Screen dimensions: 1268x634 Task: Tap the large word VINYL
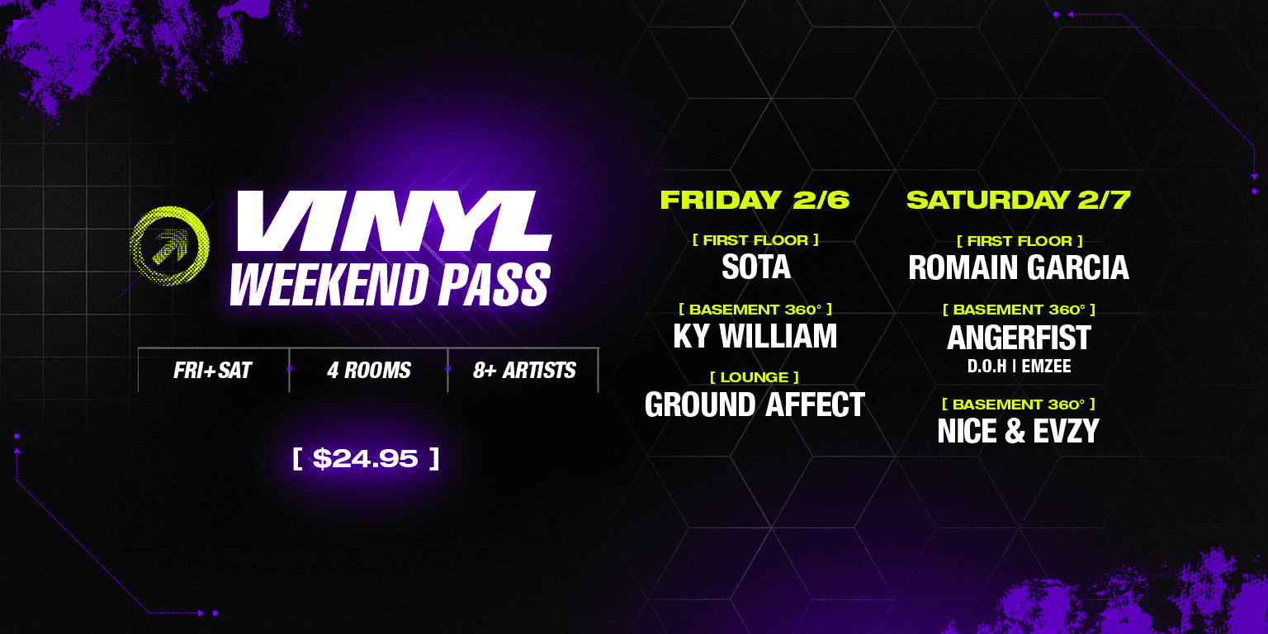(395, 221)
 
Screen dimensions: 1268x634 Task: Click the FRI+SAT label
(212, 370)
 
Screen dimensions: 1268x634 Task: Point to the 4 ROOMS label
(368, 370)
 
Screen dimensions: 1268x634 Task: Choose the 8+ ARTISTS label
(524, 370)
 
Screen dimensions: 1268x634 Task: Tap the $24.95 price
(365, 458)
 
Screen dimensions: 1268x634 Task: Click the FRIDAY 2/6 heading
(755, 200)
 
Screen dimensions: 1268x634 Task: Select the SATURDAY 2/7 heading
(1019, 200)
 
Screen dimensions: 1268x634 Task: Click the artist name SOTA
(755, 267)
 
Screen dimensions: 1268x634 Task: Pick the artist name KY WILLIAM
(755, 336)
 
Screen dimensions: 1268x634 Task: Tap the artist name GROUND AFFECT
(755, 405)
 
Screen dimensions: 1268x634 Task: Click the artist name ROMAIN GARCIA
(1019, 267)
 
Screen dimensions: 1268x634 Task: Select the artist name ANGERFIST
(1019, 338)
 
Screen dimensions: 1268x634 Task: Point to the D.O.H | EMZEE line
(1019, 367)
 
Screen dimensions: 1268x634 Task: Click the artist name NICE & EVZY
(1019, 431)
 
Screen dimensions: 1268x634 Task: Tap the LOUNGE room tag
(755, 377)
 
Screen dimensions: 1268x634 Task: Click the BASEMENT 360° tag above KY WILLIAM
(755, 310)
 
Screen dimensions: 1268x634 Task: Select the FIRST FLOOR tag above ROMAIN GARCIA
(1020, 241)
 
